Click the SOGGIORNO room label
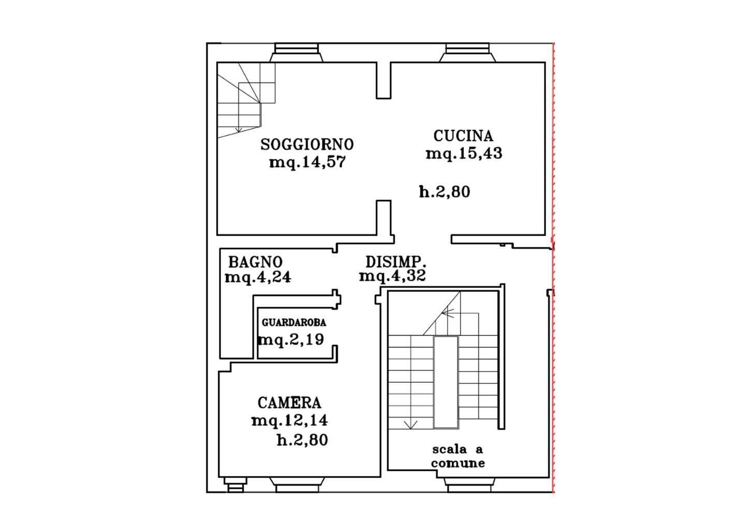[x=307, y=144]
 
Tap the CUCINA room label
[x=463, y=136]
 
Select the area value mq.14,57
[x=307, y=162]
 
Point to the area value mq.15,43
[x=464, y=154]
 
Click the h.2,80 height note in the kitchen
[x=444, y=192]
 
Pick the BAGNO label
[x=255, y=262]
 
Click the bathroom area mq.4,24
[x=258, y=277]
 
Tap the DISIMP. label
[x=396, y=262]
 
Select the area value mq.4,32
[x=392, y=276]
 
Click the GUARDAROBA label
[x=294, y=323]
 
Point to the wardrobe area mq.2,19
[x=291, y=340]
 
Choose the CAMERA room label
[x=290, y=403]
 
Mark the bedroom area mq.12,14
[x=290, y=421]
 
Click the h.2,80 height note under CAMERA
[x=303, y=440]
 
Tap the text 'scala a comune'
[x=457, y=456]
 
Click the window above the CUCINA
[x=467, y=53]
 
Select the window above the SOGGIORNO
[x=296, y=53]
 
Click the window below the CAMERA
[x=297, y=485]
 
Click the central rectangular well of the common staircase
[x=446, y=382]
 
